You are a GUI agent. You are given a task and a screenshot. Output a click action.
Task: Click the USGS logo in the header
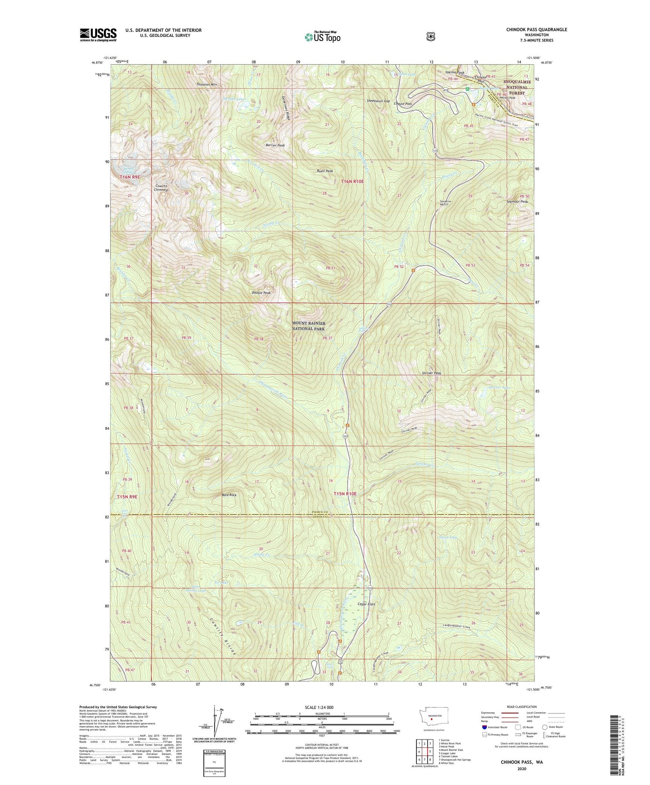point(98,35)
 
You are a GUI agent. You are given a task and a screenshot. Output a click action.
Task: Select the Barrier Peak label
point(275,146)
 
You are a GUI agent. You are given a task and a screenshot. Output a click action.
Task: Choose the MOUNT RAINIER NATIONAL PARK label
point(309,326)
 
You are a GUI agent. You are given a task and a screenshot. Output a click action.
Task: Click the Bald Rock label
point(229,495)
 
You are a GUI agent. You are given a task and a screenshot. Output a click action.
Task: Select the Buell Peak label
point(325,171)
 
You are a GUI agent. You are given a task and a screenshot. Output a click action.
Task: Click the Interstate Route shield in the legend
point(484,727)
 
